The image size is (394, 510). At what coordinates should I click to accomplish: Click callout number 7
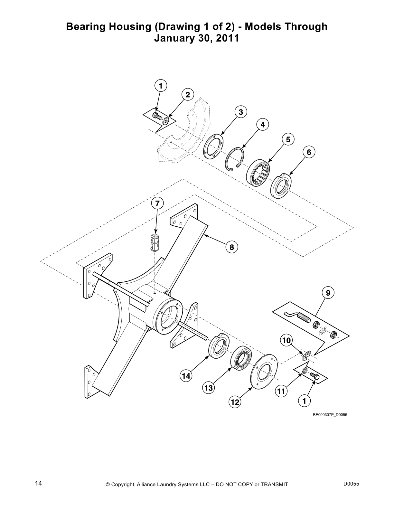click(x=157, y=203)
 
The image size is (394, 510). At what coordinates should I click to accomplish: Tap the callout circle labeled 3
click(x=240, y=112)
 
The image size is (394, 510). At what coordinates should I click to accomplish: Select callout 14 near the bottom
click(x=186, y=375)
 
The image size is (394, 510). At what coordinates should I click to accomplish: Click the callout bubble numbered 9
click(x=328, y=293)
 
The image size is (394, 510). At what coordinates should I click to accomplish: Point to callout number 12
click(x=235, y=402)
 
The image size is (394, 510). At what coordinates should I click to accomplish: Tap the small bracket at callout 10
click(x=306, y=355)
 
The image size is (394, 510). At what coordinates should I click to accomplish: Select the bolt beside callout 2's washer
click(x=157, y=115)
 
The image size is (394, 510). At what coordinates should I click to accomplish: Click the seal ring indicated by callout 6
click(x=280, y=186)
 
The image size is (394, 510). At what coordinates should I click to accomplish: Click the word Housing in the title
click(x=130, y=27)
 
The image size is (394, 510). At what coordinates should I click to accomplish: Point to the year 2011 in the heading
click(x=228, y=38)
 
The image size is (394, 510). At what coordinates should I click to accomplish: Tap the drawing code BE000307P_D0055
click(x=330, y=415)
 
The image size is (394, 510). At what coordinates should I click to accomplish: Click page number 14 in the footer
click(x=38, y=483)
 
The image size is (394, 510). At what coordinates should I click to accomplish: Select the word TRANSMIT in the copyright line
click(x=274, y=485)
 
